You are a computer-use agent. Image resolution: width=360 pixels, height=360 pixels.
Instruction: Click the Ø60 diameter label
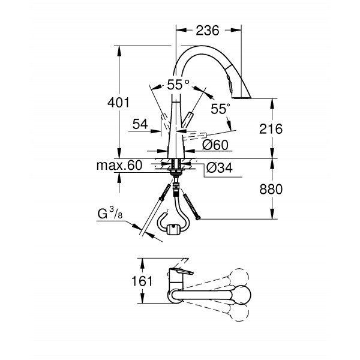pyautogui.click(x=213, y=145)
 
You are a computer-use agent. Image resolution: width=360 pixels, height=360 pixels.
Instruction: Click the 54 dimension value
pyautogui.click(x=140, y=124)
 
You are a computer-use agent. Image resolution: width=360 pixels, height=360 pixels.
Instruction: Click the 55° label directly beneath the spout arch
pyautogui.click(x=178, y=85)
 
